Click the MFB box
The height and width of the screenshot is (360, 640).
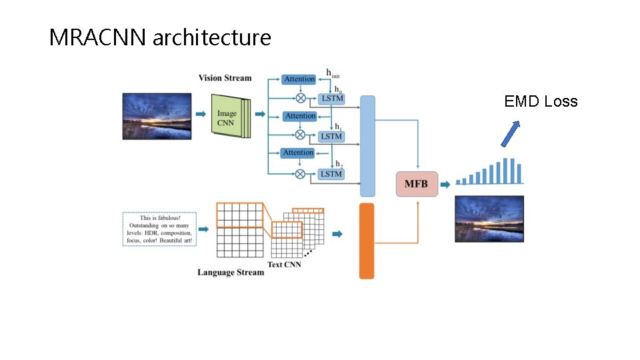pyautogui.click(x=417, y=184)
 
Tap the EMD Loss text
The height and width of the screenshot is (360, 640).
pyautogui.click(x=541, y=101)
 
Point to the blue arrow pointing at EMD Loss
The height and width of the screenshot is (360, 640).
pyautogui.click(x=510, y=133)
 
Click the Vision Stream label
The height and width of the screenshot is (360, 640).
pyautogui.click(x=225, y=78)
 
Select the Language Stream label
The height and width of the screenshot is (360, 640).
pyautogui.click(x=230, y=272)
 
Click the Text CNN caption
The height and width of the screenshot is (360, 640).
pyautogui.click(x=284, y=265)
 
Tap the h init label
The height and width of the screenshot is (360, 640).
pyautogui.click(x=333, y=73)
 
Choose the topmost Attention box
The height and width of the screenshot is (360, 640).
pyautogui.click(x=299, y=79)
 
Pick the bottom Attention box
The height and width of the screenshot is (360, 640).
pyautogui.click(x=298, y=153)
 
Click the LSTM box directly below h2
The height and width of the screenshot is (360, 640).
pyautogui.click(x=331, y=174)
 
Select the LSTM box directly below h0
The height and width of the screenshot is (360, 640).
pyautogui.click(x=331, y=99)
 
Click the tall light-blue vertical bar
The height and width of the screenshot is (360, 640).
pyautogui.click(x=367, y=146)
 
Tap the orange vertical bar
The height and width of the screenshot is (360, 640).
pyautogui.click(x=367, y=241)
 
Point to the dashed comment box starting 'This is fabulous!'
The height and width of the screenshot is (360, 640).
pyautogui.click(x=159, y=229)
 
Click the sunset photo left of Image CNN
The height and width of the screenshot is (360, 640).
pyautogui.click(x=157, y=116)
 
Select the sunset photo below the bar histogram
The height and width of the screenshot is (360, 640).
pyautogui.click(x=489, y=219)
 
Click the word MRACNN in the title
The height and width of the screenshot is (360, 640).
pyautogui.click(x=98, y=38)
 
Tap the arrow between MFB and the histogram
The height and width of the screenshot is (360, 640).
pyautogui.click(x=445, y=184)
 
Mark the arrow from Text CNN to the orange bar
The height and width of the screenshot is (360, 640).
pyautogui.click(x=337, y=233)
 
